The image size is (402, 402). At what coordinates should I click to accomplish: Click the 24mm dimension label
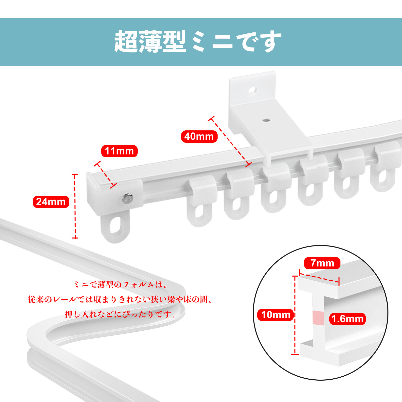(51, 202)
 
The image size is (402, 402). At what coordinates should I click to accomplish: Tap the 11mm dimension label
(119, 151)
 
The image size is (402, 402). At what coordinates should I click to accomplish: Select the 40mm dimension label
(199, 136)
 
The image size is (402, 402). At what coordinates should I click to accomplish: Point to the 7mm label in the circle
(322, 263)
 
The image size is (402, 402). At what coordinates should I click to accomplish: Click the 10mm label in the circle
(276, 315)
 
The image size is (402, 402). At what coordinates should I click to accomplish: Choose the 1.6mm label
(347, 319)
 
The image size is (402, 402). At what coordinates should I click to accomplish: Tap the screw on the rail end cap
(128, 198)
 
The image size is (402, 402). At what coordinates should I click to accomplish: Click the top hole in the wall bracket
(252, 90)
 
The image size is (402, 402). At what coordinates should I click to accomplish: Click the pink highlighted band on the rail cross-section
(318, 318)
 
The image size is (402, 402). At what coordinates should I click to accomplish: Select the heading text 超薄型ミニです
(198, 42)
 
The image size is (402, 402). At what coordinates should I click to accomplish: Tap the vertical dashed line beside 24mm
(75, 206)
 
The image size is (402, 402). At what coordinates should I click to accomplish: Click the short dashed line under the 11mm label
(106, 175)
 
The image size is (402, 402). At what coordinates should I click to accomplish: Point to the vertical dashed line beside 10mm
(295, 315)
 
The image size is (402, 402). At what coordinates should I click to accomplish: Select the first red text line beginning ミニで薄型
(120, 284)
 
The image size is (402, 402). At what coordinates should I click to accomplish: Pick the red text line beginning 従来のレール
(120, 299)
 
